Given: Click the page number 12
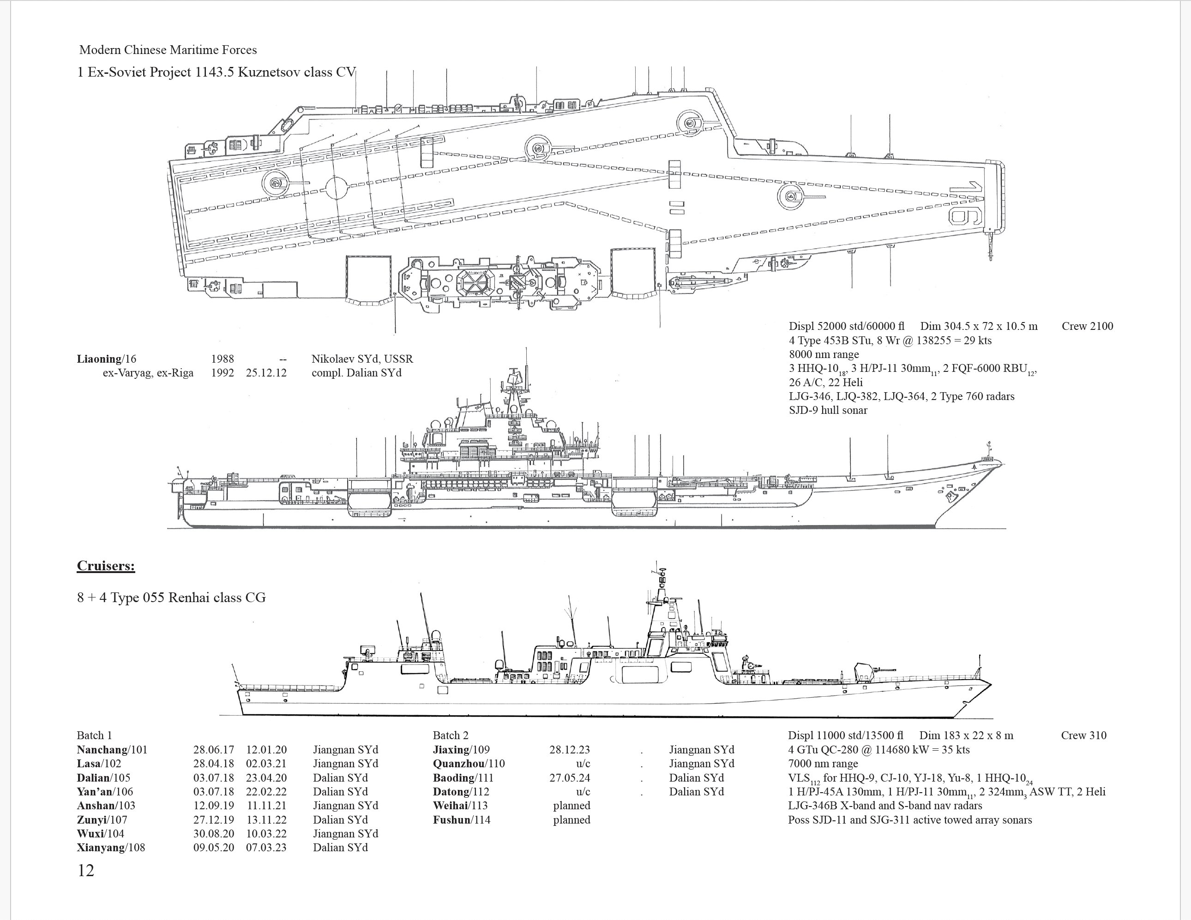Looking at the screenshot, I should click(86, 871).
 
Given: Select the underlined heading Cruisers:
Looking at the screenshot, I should click(106, 566).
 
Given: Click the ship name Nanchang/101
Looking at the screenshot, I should click(112, 749).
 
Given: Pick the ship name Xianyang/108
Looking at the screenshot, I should click(111, 848).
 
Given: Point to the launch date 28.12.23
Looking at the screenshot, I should click(569, 749).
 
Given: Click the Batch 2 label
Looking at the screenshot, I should click(451, 735).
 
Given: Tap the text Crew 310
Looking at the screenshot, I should click(1083, 735).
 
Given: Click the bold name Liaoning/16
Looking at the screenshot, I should click(106, 358).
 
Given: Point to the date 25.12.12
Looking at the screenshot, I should click(266, 373).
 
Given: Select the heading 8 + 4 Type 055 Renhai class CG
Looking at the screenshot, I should click(171, 597).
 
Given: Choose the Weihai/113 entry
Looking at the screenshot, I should click(460, 806).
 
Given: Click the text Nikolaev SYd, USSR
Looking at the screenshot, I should click(362, 358).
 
